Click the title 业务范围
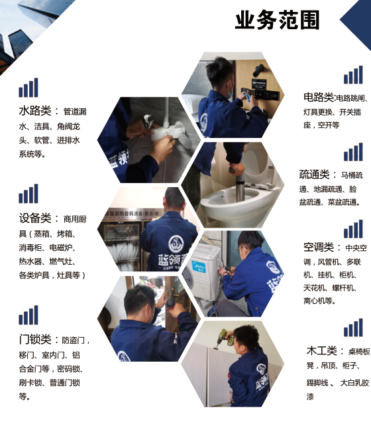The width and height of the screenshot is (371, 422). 277,20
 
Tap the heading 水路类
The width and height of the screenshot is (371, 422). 35,110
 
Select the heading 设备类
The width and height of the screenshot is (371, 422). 35,218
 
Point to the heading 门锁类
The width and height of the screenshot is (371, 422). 35,339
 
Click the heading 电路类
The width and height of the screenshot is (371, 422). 319,97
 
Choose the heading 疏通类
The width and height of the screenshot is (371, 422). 314,175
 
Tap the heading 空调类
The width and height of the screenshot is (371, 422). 319,247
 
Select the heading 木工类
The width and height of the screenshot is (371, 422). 321,351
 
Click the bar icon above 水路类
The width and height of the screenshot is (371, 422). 28,88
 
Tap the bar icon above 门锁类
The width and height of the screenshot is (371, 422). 28,315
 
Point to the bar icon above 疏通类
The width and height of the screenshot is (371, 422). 353,152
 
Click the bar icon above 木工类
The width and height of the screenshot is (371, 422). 353,328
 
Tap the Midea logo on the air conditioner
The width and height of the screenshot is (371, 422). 198,267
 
